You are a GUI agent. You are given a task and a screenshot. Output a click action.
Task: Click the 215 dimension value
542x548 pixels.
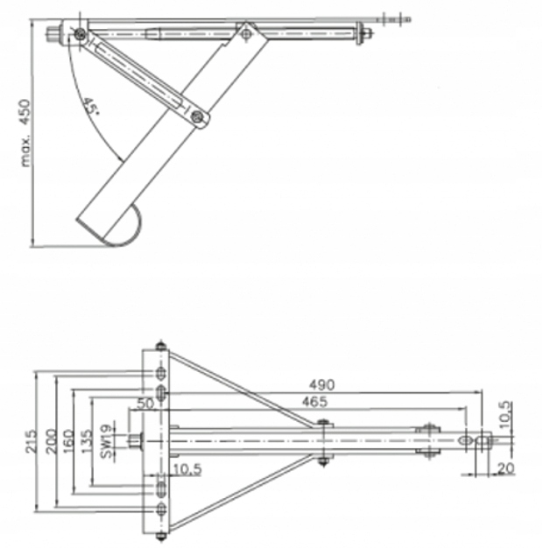point(28,437)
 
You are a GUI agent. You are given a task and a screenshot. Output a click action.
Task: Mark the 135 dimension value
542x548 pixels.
point(87,437)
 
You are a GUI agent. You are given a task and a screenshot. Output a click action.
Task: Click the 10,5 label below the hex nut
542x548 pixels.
point(186,471)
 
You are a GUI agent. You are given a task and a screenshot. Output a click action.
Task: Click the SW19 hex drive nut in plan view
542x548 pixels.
point(134,439)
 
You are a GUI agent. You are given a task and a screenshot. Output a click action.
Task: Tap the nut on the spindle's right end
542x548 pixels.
point(366,34)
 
